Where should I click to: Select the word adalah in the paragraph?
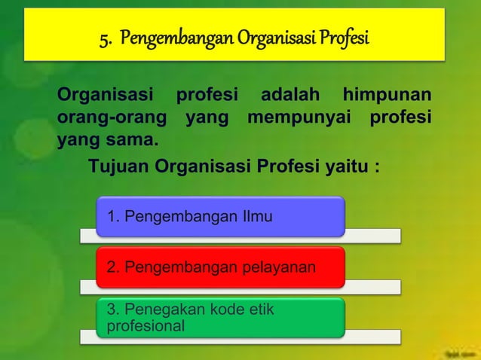290,97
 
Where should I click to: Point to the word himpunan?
387,97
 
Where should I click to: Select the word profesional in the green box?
146,327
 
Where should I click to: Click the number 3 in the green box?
112,310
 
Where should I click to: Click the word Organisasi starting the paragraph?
105,97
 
